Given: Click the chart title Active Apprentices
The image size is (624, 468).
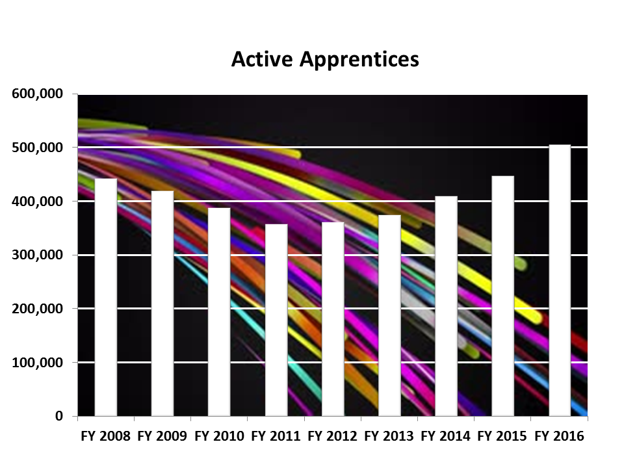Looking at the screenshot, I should (325, 59).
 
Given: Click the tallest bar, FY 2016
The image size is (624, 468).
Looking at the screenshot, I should (560, 280).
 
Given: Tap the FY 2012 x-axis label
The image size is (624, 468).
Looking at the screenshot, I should (332, 436).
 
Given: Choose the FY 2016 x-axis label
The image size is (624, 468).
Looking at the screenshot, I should (559, 436).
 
